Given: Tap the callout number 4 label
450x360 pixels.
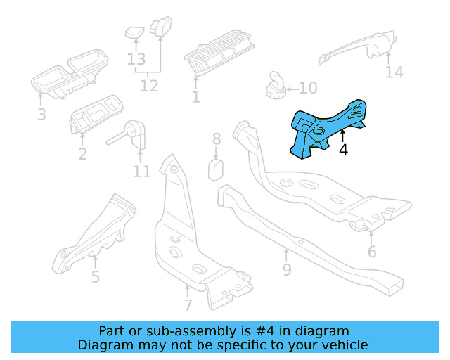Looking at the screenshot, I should pos(343,150).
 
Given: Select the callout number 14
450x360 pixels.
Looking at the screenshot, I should pos(394,72).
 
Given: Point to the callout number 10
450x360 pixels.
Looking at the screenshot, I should pos(308,89).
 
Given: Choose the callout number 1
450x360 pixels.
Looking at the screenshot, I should pos(195,97).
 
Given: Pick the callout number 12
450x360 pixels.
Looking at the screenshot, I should pos(149,86).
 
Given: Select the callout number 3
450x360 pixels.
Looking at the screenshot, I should pos(41,114).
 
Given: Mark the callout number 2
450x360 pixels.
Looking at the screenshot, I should pos(83,153).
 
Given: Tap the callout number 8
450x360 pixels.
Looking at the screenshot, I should pos(217,139).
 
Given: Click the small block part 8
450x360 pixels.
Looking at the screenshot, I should pos(217,169).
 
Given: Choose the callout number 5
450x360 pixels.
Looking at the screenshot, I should pos(96,276).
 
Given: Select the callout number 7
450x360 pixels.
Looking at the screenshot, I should pos(188,304).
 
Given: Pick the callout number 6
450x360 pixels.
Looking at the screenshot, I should pos(372,251).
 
